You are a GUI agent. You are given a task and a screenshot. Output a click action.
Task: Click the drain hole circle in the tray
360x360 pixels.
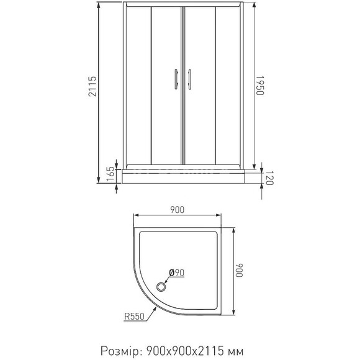163,286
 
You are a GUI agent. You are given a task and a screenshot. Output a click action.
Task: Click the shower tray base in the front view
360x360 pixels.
181,177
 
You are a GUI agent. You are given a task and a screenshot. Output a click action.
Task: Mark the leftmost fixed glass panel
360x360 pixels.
137,87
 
